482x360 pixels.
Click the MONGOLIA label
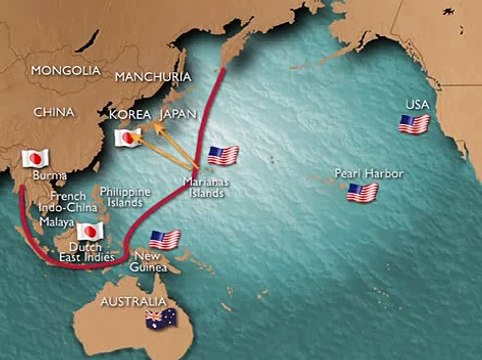(x=66, y=71)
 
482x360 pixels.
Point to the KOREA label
(x=130, y=114)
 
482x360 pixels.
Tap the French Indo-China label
(x=65, y=202)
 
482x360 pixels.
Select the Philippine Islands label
(x=125, y=196)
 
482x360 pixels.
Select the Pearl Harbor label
(x=370, y=174)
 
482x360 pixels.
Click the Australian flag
(x=158, y=319)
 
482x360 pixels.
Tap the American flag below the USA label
(x=414, y=124)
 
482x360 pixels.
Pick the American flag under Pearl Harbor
(x=361, y=193)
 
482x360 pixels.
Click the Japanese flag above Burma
(x=36, y=159)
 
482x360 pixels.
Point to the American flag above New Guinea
(x=164, y=239)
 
